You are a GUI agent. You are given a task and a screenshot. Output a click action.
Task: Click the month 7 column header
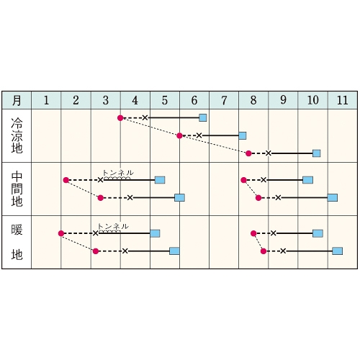tap(224, 100)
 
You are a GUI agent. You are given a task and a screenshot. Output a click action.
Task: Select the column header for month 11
tap(343, 100)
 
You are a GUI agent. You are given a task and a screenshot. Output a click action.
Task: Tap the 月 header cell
tap(17, 100)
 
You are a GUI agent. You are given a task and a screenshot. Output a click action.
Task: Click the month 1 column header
tap(46, 100)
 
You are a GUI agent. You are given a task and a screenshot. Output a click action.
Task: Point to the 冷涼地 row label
tap(17, 135)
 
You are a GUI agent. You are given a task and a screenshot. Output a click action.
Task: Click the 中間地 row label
tap(17, 189)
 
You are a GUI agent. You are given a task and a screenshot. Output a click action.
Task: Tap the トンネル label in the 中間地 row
tap(118, 173)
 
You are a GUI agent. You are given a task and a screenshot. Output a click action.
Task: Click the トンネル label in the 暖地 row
tap(113, 226)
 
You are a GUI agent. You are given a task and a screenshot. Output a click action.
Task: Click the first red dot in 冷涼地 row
tap(120, 118)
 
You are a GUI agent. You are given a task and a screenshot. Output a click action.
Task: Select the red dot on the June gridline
tap(179, 136)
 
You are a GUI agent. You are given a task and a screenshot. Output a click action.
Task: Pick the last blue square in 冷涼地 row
tap(317, 153)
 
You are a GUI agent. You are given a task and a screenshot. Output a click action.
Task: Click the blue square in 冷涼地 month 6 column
tap(203, 118)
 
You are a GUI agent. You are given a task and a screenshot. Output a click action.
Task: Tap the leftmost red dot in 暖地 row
tap(61, 233)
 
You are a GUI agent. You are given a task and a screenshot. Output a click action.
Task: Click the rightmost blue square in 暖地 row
tap(338, 251)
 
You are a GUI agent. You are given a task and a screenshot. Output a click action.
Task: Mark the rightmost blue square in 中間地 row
tap(333, 198)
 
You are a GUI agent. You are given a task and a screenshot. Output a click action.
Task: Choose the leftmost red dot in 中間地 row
tap(66, 180)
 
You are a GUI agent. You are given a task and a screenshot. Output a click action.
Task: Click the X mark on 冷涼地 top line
tap(145, 117)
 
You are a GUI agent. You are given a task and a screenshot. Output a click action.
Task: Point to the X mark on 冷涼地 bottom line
tap(269, 153)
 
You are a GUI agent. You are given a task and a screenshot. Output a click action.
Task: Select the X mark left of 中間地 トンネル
tap(101, 180)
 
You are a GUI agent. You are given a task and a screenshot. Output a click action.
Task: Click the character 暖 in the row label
tap(17, 230)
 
